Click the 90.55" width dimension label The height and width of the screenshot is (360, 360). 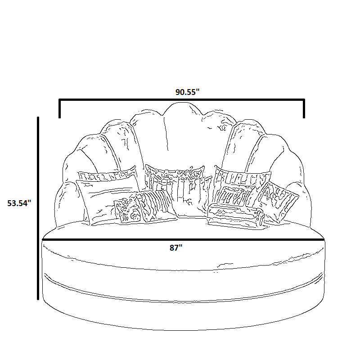(187, 92)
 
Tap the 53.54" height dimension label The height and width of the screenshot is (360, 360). (19, 203)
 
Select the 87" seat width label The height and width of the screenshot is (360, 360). (176, 248)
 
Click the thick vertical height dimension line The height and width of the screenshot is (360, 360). (38, 208)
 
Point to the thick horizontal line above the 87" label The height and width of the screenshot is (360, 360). (183, 240)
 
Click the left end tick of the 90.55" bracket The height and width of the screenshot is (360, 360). (60, 108)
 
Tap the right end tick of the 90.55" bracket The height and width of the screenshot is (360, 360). (304, 108)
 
